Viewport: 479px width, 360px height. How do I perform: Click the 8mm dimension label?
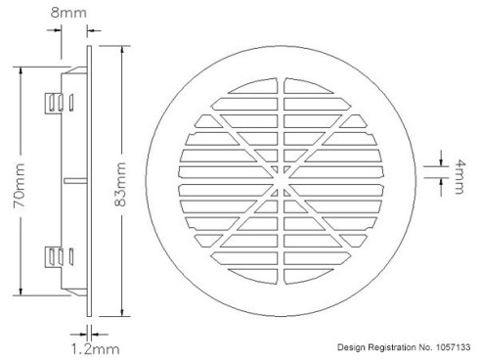(x=68, y=13)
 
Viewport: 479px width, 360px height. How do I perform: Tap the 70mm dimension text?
(x=19, y=185)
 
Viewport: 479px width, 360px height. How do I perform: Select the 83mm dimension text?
(x=119, y=184)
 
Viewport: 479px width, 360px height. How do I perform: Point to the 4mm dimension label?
(x=459, y=176)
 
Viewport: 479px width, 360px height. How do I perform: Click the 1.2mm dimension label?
(x=95, y=349)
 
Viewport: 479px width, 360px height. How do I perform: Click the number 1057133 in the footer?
(x=453, y=347)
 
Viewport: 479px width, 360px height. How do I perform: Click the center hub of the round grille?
(x=281, y=180)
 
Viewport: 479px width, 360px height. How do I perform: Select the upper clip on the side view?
(x=59, y=103)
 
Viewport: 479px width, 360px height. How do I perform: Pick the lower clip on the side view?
(x=59, y=257)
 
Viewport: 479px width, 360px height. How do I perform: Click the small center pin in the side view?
(x=75, y=181)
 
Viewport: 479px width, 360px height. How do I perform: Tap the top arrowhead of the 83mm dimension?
(x=122, y=50)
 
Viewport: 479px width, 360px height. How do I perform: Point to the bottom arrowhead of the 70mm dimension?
(x=22, y=292)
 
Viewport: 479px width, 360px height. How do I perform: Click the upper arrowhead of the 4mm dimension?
(x=441, y=162)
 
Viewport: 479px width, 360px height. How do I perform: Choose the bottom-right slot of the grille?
(x=308, y=276)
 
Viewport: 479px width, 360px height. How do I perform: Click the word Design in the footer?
(x=352, y=347)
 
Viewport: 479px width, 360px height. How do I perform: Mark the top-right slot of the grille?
(x=308, y=86)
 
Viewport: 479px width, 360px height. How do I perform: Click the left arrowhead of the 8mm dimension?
(x=58, y=30)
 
